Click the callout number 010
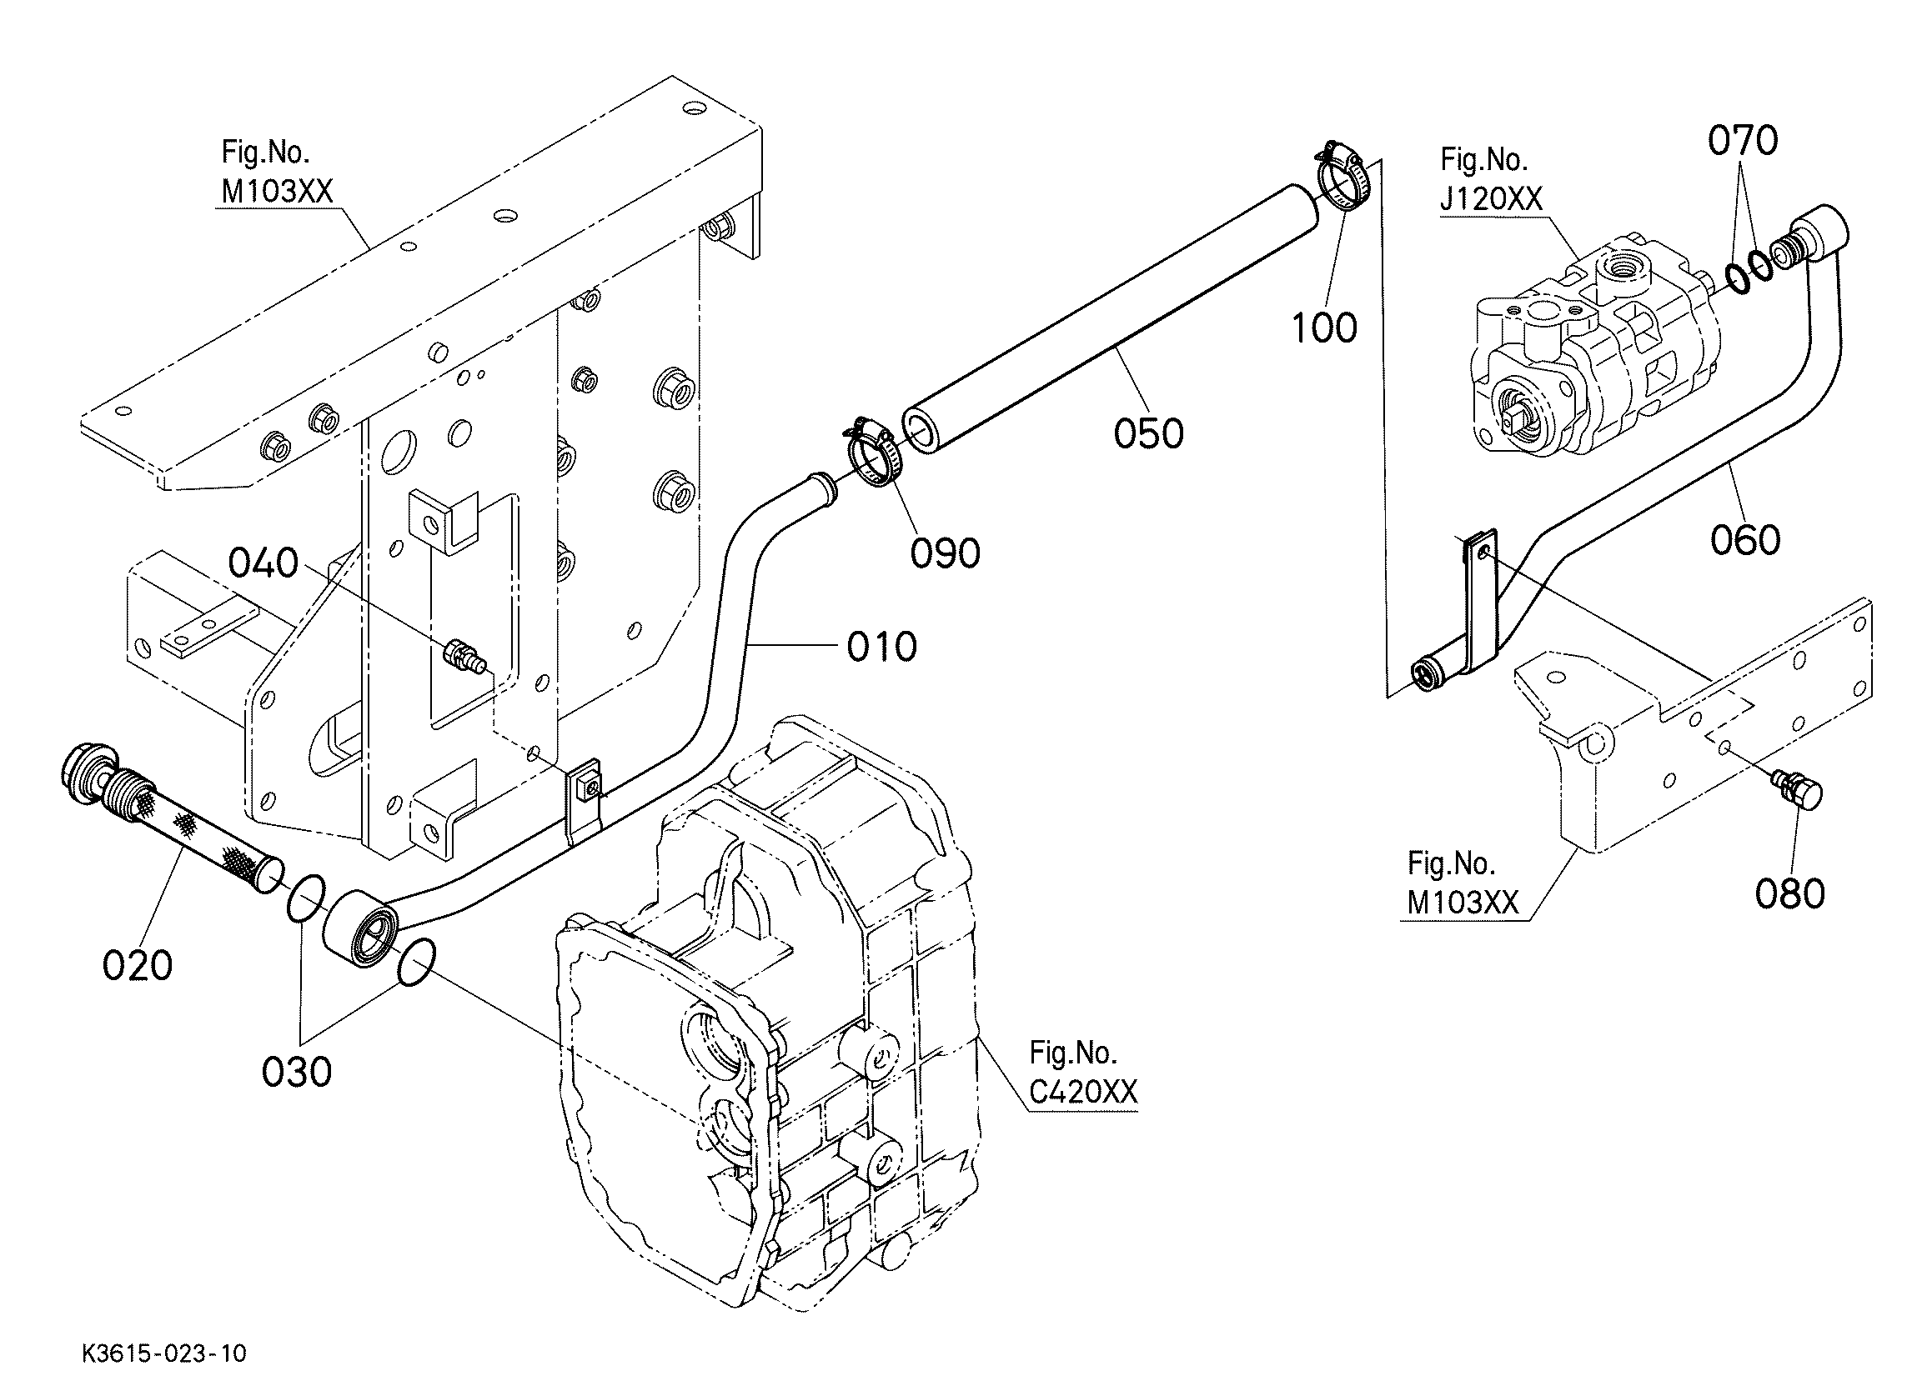[x=881, y=647]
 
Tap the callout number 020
[x=137, y=965]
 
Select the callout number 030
[x=297, y=1073]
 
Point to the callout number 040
[x=263, y=563]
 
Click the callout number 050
[x=1148, y=433]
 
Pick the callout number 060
[x=1744, y=540]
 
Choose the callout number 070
[x=1742, y=140]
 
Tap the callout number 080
[x=1789, y=893]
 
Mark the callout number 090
[x=945, y=553]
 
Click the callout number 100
[x=1323, y=328]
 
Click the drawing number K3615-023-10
[x=164, y=1353]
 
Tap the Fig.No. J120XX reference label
[x=1491, y=179]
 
